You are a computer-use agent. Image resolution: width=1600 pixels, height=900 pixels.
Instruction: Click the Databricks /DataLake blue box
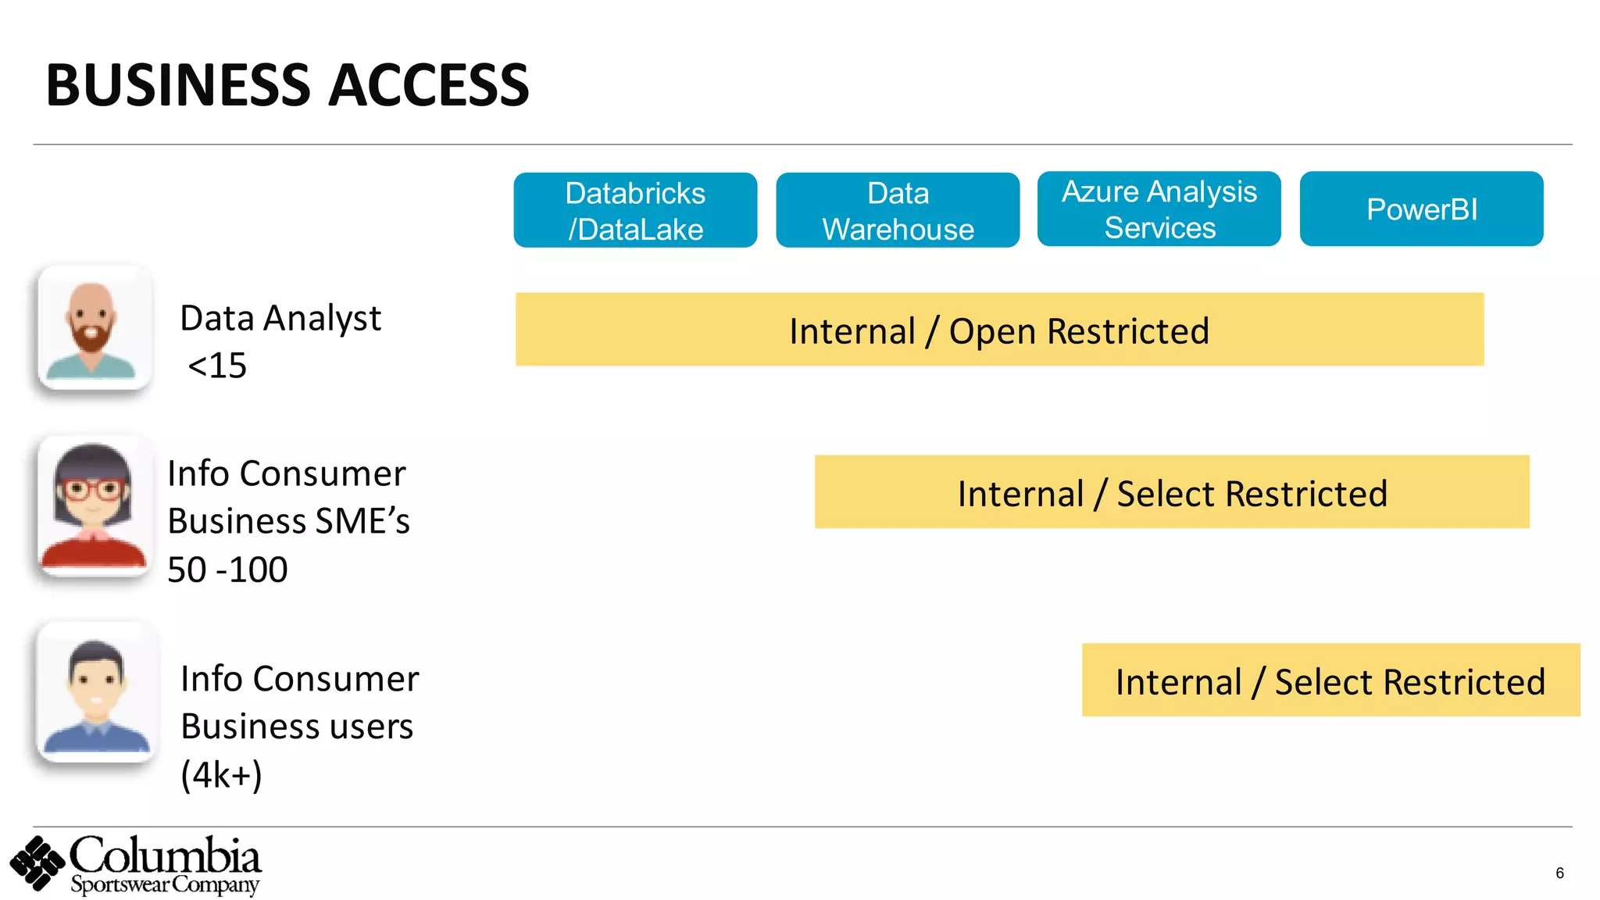tap(635, 210)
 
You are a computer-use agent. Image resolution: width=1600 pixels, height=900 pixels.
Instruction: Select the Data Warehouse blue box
tap(898, 210)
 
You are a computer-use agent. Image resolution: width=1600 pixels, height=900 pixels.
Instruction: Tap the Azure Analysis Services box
tap(1159, 209)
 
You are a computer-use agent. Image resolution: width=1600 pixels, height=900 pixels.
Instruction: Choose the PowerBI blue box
tap(1421, 209)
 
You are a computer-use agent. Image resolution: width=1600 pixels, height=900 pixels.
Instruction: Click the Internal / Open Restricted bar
tap(999, 330)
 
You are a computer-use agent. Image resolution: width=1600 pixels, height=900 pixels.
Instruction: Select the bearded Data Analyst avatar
tap(95, 327)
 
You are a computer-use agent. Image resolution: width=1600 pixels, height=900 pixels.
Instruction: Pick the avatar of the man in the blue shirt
tap(96, 692)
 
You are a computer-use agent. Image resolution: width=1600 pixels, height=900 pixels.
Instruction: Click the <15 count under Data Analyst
tap(217, 366)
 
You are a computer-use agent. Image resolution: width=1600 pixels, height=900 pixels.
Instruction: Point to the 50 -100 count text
tap(227, 570)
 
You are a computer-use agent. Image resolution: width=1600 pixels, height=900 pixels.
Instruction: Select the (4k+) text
tap(221, 774)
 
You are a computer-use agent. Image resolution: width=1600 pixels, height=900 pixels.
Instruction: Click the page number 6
tap(1559, 873)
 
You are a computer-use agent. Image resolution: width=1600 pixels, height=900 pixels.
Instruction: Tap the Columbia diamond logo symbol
tap(37, 862)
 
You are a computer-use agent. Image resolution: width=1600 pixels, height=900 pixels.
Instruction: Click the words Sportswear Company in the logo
tap(164, 885)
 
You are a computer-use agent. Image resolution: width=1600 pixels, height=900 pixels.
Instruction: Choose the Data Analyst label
tap(280, 318)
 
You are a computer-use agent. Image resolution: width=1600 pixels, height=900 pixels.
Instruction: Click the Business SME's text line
tap(288, 521)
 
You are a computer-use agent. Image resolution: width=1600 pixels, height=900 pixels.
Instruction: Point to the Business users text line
tap(297, 727)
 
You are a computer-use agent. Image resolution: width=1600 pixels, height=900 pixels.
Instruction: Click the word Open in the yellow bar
tap(992, 331)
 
